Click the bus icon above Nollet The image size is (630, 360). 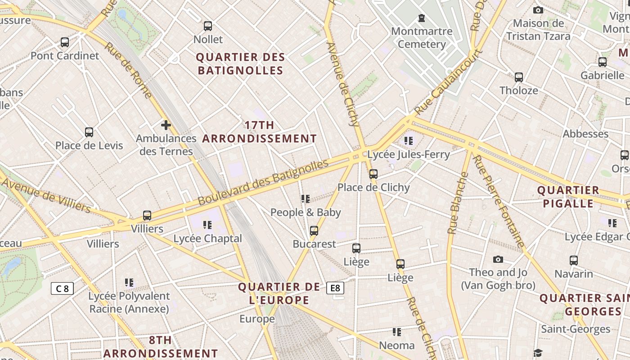click(x=207, y=26)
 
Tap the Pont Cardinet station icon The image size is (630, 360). click(x=65, y=42)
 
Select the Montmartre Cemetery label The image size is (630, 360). click(x=422, y=38)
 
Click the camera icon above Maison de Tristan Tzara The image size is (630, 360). click(x=538, y=10)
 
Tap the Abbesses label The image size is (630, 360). click(x=585, y=134)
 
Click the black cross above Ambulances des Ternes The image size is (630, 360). click(x=166, y=125)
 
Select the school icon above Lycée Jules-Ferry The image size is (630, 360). click(x=409, y=141)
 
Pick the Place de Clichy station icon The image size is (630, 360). click(x=373, y=174)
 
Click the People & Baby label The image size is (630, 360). click(x=306, y=212)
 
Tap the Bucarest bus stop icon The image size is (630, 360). click(x=314, y=231)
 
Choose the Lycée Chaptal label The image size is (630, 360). click(x=207, y=238)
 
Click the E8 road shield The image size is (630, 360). click(x=336, y=288)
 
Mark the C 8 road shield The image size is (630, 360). click(x=62, y=288)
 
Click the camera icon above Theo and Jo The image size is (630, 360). click(x=498, y=259)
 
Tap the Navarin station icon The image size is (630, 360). click(x=574, y=261)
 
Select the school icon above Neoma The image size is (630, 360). click(x=396, y=332)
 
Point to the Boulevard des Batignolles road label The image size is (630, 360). click(x=263, y=182)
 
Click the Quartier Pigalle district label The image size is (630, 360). click(x=568, y=197)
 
